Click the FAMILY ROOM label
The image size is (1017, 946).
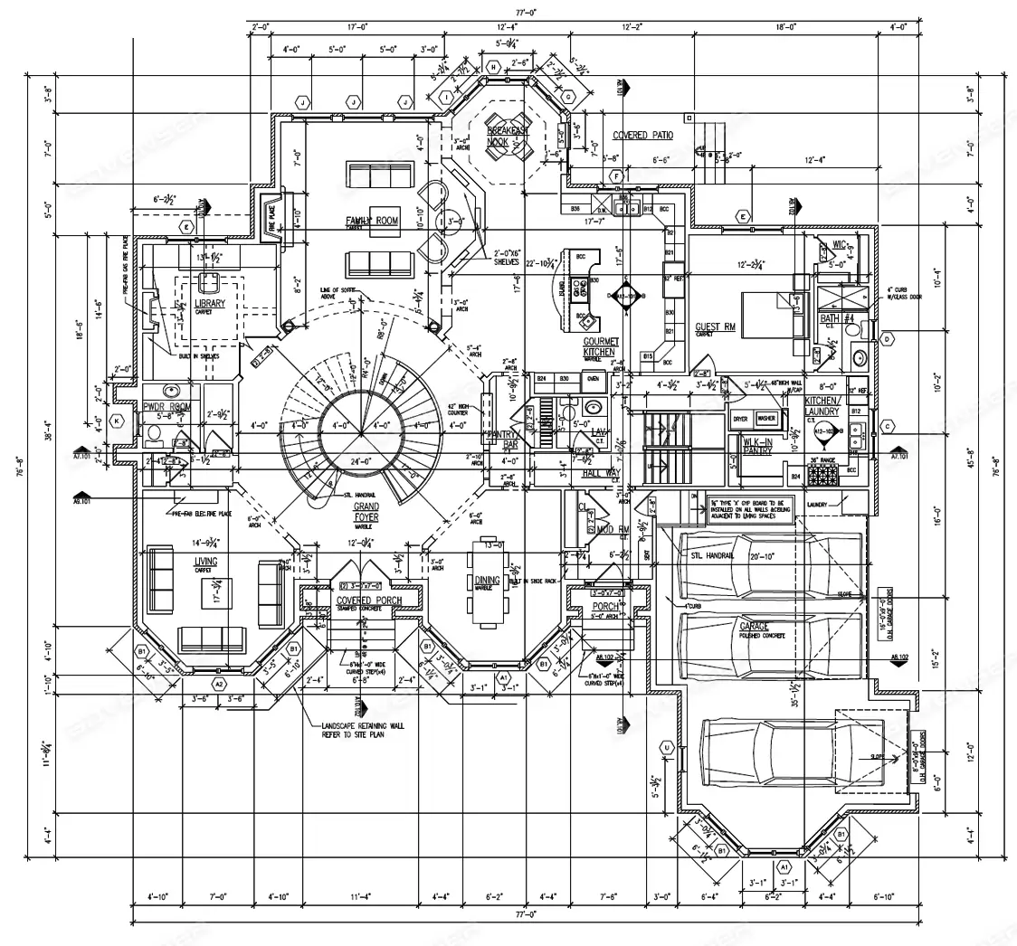tap(372, 221)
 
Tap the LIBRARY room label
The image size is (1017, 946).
tap(209, 304)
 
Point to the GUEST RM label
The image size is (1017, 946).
tap(714, 327)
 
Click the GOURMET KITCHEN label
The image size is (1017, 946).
tap(601, 346)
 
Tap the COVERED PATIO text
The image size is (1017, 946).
tap(642, 136)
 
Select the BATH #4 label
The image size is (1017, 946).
tap(831, 318)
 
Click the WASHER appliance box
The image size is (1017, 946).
tap(766, 419)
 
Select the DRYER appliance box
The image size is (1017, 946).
tap(740, 419)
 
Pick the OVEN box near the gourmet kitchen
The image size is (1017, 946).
tap(594, 379)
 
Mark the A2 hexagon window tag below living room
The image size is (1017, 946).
tap(218, 685)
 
